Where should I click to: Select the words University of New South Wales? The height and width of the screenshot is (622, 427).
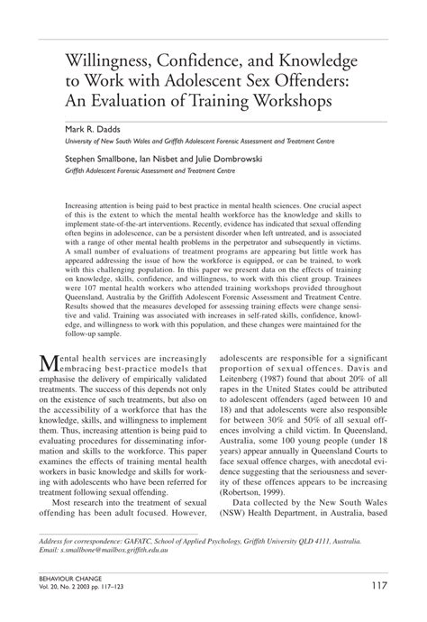(107, 142)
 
